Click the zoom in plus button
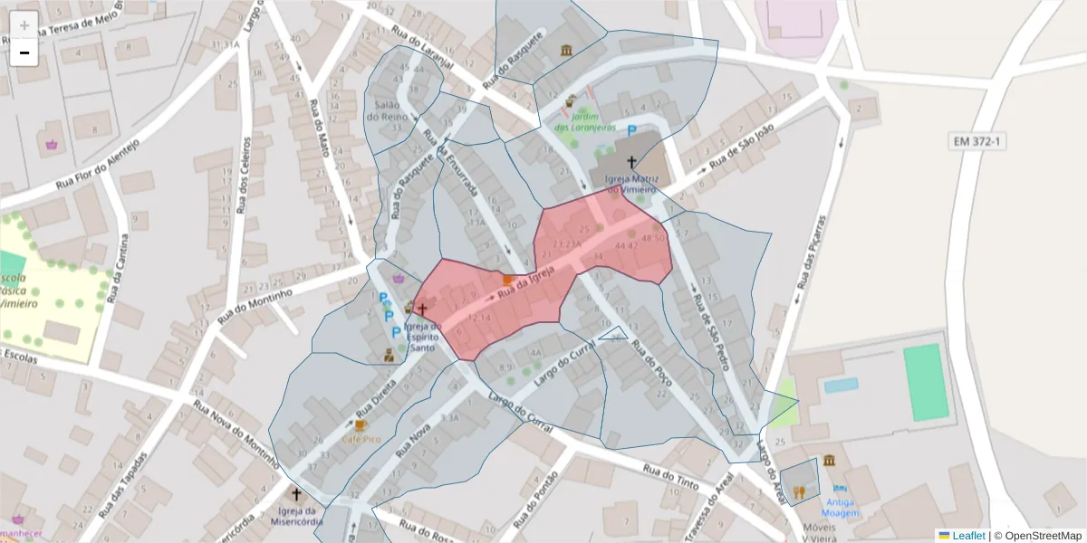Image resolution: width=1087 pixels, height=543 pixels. [x=24, y=24]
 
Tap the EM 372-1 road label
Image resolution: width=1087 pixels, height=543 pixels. [x=980, y=141]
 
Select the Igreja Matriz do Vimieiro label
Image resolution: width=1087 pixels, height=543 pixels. [x=631, y=184]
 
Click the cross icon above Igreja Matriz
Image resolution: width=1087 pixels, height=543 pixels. [x=631, y=162]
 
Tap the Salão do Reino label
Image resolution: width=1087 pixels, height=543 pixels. [x=384, y=110]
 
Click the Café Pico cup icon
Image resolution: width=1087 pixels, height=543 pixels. [x=361, y=424]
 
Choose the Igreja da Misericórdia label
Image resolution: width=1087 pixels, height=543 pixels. [x=295, y=516]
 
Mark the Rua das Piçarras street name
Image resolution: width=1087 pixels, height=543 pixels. [x=813, y=252]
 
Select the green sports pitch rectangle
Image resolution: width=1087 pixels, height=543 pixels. [x=928, y=382]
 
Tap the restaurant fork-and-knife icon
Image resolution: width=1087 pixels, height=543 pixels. [x=798, y=492]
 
